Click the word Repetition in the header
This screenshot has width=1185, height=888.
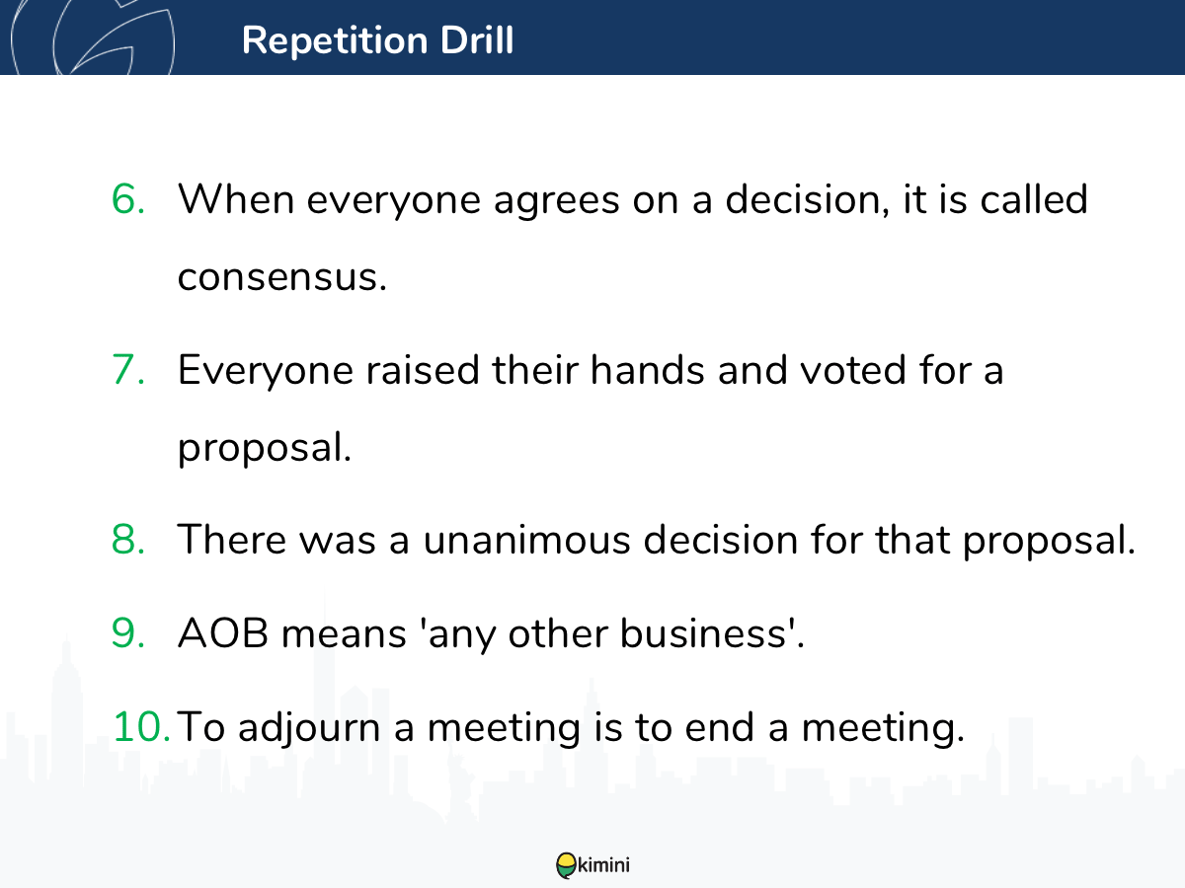point(335,41)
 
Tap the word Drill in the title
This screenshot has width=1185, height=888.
point(477,39)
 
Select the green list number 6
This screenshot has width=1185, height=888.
point(128,199)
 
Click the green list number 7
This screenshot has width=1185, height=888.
point(128,370)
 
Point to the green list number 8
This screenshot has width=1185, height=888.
point(128,539)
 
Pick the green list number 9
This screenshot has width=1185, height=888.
point(128,633)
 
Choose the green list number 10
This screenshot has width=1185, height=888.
point(141,727)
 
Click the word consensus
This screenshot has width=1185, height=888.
point(281,278)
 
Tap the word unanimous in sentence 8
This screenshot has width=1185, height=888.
point(526,540)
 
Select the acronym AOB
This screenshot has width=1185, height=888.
point(223,633)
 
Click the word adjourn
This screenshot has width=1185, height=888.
point(309,728)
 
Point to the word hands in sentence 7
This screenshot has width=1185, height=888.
point(647,370)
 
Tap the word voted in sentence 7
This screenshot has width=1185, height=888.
point(852,370)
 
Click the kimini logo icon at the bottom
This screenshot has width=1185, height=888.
point(566,865)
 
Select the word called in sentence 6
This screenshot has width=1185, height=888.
point(1033,199)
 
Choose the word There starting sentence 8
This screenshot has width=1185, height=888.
point(232,539)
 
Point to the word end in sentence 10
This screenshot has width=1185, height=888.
point(719,727)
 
